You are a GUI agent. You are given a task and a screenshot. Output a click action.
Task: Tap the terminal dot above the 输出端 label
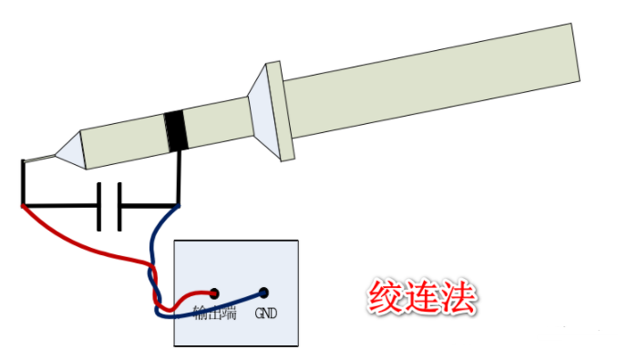214,293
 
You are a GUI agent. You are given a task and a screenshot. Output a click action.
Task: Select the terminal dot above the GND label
263,293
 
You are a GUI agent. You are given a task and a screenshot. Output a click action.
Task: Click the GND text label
265,314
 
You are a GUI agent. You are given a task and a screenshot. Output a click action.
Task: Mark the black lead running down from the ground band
179,178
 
